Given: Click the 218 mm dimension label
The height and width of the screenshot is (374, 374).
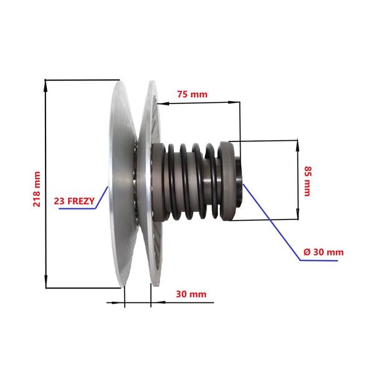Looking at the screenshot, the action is pos(37,189).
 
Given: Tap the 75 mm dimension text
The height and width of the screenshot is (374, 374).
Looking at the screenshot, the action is pos(192,95).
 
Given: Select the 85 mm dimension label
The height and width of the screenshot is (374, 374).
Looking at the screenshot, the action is pos(308,181).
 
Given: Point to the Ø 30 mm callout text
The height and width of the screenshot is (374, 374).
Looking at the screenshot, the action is pos(324,252).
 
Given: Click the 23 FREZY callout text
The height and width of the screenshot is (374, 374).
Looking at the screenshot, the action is pos(74,201).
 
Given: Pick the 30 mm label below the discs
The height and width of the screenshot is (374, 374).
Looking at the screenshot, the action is pos(191,294).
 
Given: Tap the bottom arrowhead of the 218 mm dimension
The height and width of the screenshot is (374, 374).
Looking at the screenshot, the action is pos(46,282).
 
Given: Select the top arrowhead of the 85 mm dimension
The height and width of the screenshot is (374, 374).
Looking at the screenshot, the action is pos(297,145).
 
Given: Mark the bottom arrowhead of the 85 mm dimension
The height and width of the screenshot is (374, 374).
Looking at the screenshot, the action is pos(298,214).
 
